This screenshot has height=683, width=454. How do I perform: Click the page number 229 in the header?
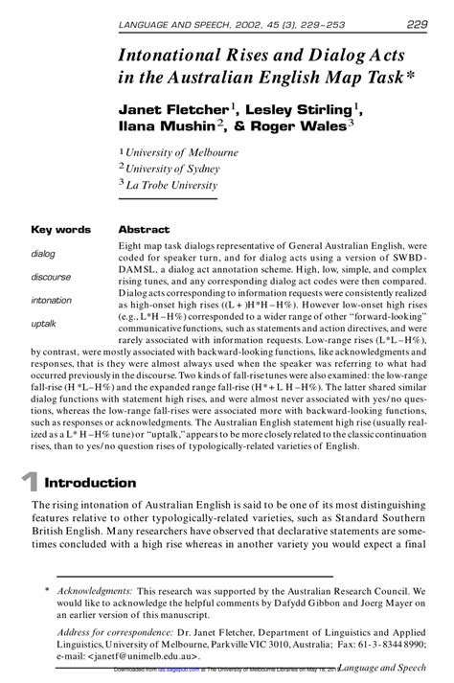(x=416, y=24)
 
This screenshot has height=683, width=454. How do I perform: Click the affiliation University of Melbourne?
(x=183, y=151)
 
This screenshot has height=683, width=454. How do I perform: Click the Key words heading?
(x=61, y=230)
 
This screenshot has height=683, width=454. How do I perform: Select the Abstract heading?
(x=144, y=230)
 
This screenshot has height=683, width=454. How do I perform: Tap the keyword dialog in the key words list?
(x=43, y=254)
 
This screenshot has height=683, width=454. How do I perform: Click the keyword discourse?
(x=51, y=277)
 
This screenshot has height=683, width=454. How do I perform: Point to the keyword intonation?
(x=52, y=300)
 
